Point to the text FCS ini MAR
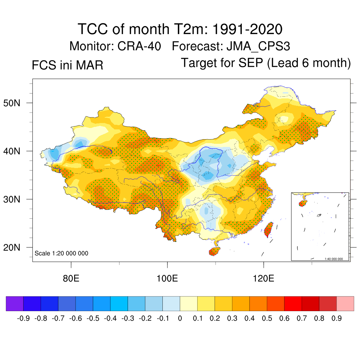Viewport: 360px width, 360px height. [67, 65]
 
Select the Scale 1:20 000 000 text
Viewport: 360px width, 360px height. [62, 253]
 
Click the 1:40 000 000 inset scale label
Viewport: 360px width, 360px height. [336, 259]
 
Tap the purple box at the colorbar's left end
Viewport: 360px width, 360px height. [15, 304]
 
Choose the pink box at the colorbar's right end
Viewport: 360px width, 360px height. [345, 304]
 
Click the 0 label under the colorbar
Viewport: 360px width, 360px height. [180, 319]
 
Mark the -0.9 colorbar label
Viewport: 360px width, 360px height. [23, 319]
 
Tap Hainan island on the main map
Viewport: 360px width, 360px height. [214, 251]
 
